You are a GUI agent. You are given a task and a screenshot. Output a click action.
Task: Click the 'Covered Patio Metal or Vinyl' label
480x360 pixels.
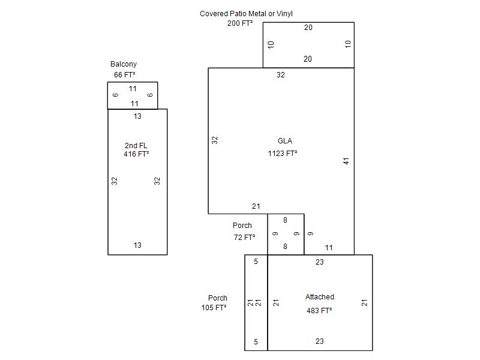tap(246, 14)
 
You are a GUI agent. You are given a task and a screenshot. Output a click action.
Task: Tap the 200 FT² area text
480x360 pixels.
tap(240, 23)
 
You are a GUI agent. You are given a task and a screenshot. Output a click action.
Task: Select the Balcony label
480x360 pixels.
tap(124, 64)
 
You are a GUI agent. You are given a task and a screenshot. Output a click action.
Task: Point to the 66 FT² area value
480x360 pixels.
tap(125, 74)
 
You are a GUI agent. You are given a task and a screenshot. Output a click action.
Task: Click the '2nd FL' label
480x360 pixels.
tap(136, 145)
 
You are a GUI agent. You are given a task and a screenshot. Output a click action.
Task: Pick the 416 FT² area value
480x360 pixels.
tap(136, 154)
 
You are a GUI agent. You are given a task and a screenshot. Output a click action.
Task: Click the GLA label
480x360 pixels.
tap(285, 141)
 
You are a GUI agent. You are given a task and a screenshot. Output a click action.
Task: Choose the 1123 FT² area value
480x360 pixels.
tap(283, 154)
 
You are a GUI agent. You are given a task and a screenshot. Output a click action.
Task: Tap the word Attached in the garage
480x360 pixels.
tap(320, 296)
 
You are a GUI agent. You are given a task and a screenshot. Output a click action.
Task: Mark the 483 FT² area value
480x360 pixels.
tap(319, 311)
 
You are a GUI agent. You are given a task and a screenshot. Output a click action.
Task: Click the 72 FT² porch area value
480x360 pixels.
tap(245, 237)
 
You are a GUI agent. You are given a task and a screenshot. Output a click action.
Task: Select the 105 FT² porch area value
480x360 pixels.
tap(214, 308)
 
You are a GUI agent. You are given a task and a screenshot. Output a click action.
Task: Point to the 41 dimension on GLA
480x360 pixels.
tap(346, 161)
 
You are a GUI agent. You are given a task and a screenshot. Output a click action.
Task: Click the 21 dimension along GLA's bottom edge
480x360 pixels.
tap(256, 206)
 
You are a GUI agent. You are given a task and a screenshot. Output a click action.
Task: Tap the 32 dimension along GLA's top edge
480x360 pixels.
tap(281, 75)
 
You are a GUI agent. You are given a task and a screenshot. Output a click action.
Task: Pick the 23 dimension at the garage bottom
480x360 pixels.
tap(320, 341)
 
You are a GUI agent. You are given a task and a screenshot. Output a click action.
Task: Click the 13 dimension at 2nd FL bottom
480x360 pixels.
tap(137, 245)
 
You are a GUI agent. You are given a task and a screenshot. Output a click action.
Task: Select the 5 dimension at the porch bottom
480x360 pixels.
tap(256, 341)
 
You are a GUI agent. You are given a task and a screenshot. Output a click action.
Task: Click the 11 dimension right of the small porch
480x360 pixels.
tap(329, 248)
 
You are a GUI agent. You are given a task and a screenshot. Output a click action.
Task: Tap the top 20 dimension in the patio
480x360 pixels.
tap(308, 28)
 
